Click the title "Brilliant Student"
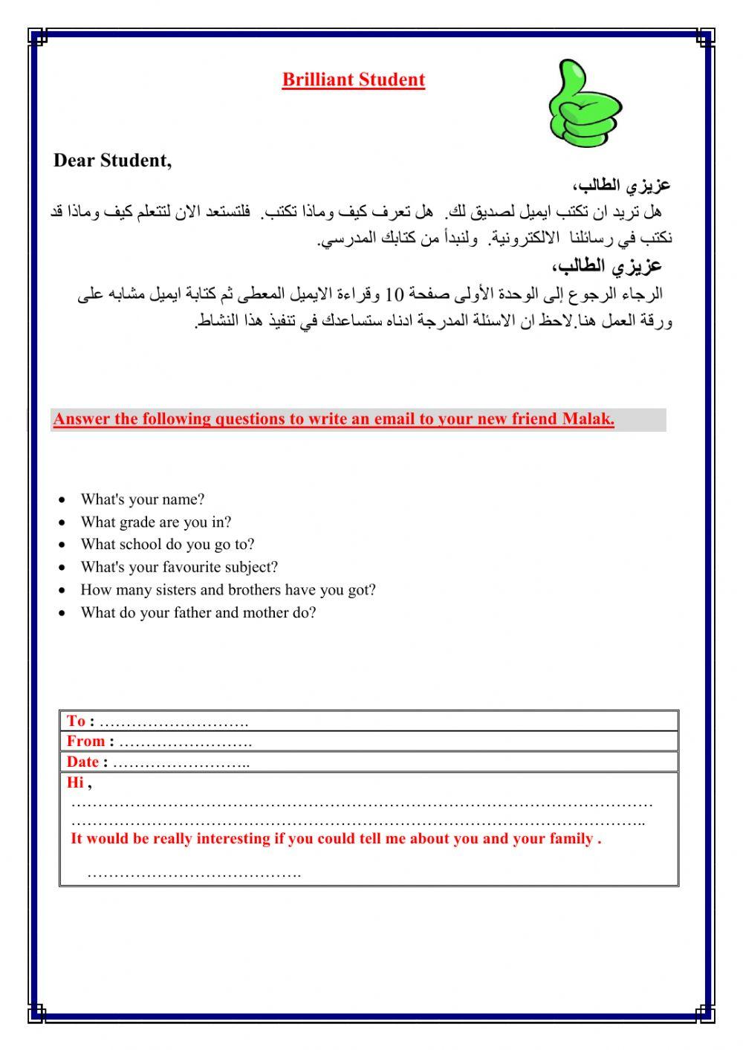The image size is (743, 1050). (353, 80)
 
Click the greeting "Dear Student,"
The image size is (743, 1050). (112, 161)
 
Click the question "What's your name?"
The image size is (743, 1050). (142, 499)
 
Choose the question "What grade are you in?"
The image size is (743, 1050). (155, 522)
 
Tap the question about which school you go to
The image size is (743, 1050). (167, 544)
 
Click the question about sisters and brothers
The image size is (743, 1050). (228, 590)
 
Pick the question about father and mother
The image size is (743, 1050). (198, 612)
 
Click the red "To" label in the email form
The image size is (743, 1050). (76, 721)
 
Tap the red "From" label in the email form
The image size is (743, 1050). (85, 741)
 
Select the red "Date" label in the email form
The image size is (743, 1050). (82, 762)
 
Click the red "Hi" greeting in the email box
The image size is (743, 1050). (75, 782)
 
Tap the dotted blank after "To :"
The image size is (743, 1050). (174, 722)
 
